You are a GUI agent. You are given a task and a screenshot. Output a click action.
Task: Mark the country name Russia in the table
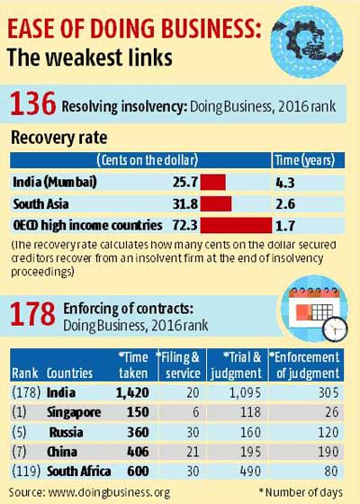(x=66, y=433)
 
